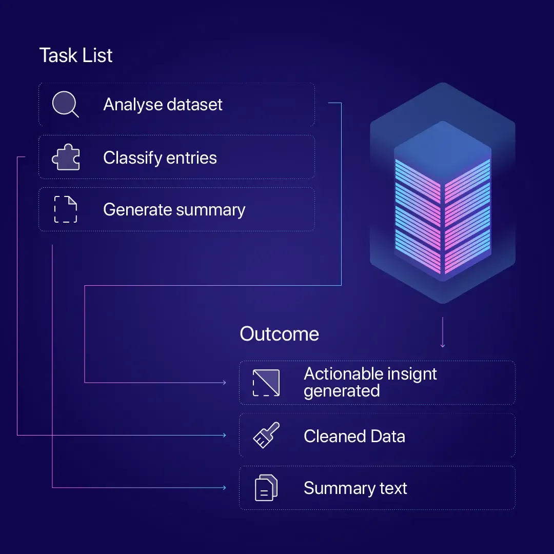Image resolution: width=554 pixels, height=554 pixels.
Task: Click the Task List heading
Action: (x=76, y=55)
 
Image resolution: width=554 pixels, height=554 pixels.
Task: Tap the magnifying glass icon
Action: (x=65, y=105)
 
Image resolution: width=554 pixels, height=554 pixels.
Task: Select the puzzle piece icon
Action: (x=66, y=157)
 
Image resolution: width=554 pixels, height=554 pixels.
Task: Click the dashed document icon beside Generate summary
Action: (x=66, y=210)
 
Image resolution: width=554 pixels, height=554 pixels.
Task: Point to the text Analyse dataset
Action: (x=163, y=105)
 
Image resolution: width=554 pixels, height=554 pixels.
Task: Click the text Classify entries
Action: (x=160, y=157)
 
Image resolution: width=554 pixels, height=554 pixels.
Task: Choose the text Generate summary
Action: (x=174, y=210)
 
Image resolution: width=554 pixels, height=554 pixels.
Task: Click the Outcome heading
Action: (x=279, y=334)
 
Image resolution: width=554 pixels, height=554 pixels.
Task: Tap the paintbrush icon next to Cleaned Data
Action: (x=266, y=436)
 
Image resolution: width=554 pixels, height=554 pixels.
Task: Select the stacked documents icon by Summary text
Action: (x=266, y=488)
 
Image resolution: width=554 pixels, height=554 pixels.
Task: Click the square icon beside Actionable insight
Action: (x=266, y=383)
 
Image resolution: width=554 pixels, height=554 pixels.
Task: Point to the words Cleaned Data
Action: (x=354, y=437)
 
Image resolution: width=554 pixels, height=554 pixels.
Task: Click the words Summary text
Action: (x=355, y=488)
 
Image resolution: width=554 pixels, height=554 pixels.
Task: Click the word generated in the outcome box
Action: (x=342, y=391)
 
